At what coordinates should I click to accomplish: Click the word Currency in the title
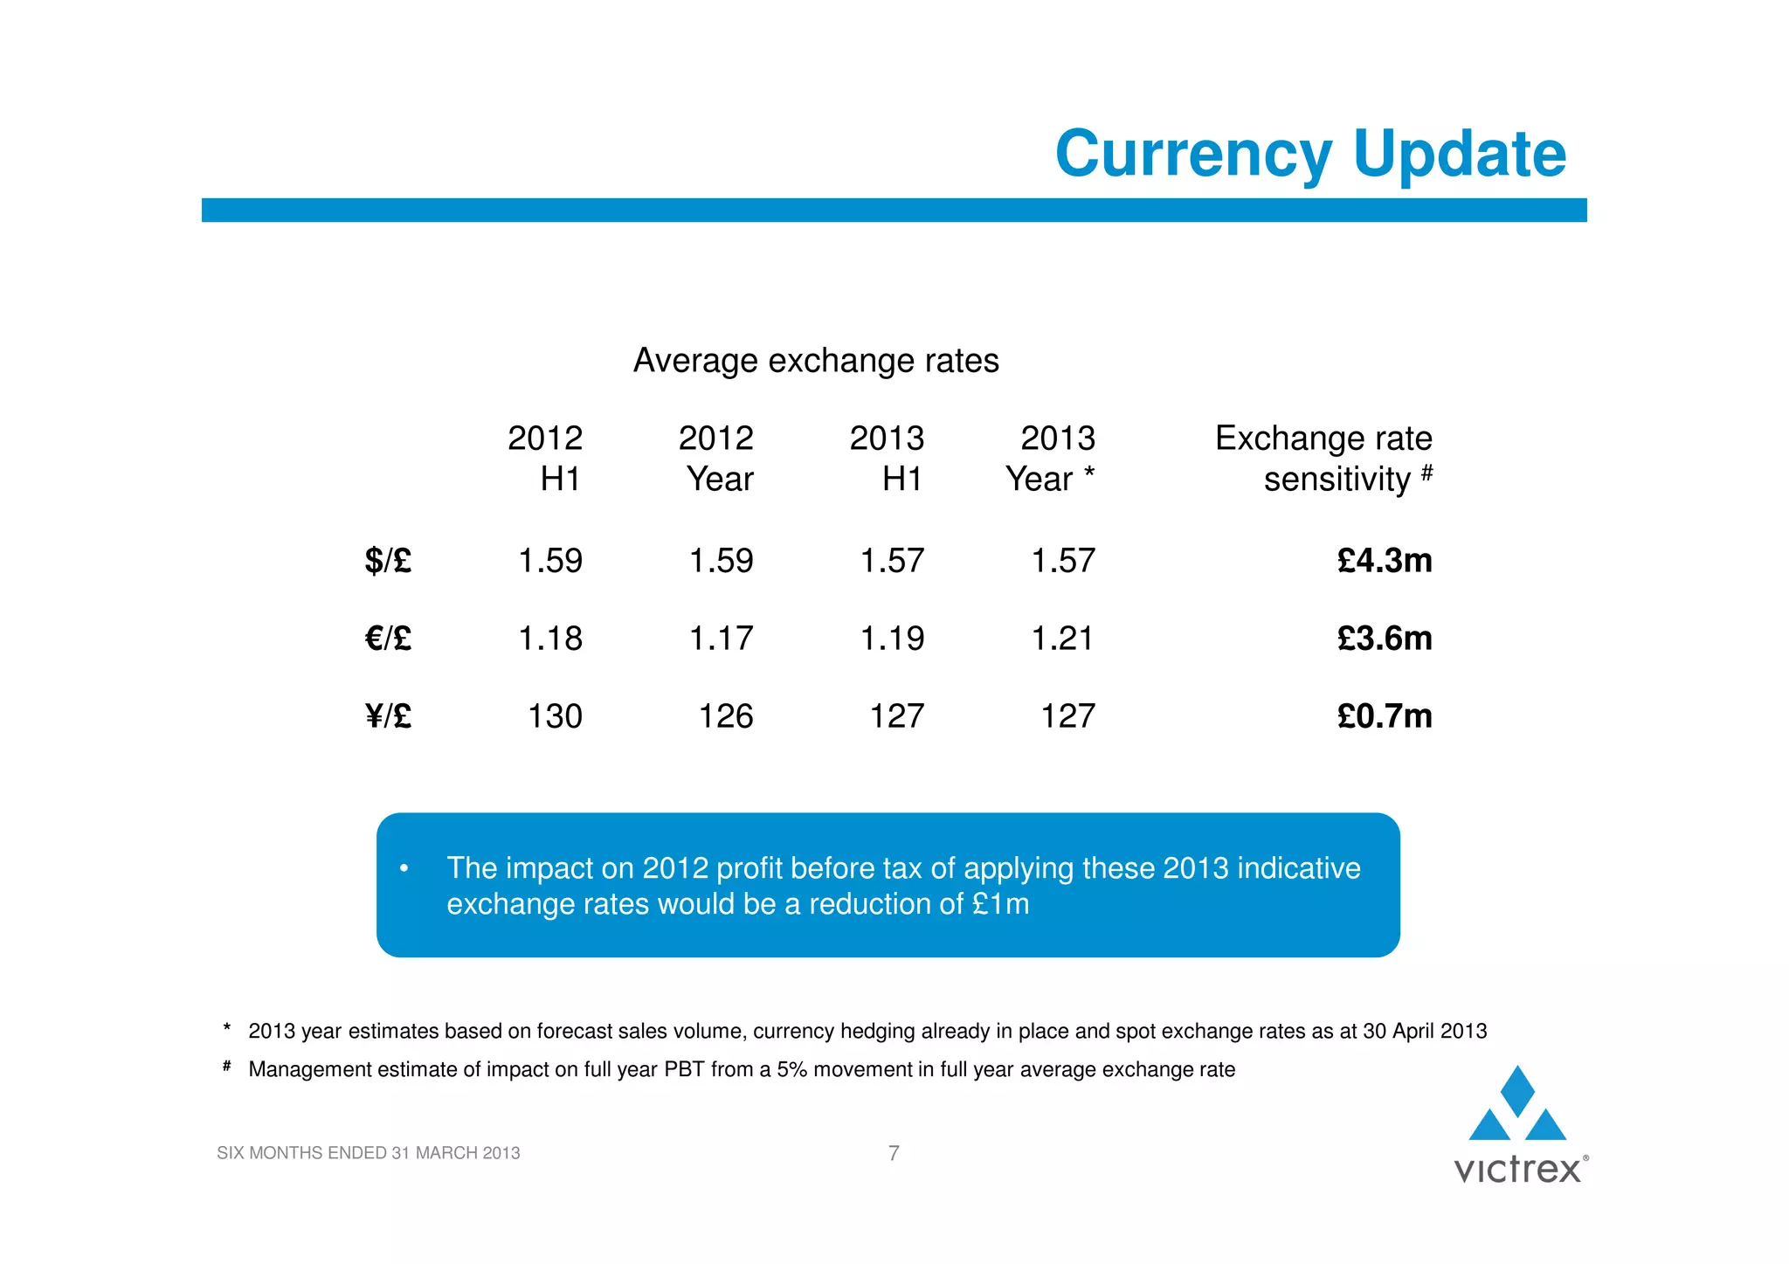(1193, 155)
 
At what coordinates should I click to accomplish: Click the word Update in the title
(1460, 155)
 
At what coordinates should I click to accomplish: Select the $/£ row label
(388, 560)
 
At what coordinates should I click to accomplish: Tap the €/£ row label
(388, 639)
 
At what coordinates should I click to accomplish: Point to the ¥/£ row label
(388, 716)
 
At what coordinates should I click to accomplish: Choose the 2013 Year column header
(1051, 458)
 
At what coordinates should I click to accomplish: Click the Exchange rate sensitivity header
(1323, 458)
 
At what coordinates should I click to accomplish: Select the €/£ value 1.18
(550, 639)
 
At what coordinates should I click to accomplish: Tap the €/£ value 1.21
(1063, 639)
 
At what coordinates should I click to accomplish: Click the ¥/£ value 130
(555, 716)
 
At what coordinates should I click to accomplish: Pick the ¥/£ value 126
(726, 716)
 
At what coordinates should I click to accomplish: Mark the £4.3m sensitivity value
(1385, 560)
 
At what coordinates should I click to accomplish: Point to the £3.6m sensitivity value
(1385, 639)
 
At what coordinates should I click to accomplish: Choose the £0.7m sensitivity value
(1385, 716)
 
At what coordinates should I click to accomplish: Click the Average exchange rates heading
(816, 360)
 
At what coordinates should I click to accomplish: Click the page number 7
(894, 1153)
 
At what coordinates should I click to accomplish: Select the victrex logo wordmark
(1518, 1170)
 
